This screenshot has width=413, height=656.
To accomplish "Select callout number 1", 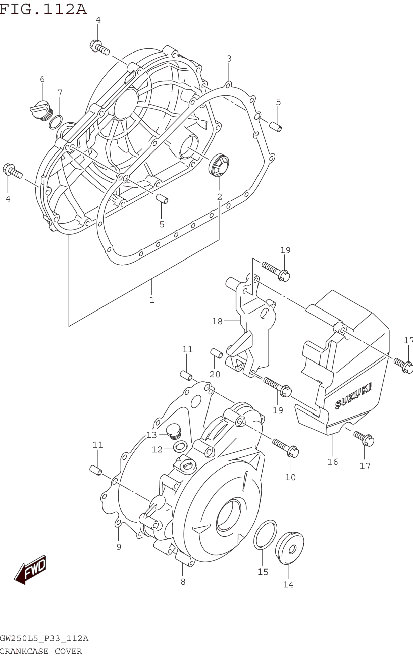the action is point(152,300).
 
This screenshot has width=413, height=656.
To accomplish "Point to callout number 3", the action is point(229,59).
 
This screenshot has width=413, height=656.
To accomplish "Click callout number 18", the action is point(217,321).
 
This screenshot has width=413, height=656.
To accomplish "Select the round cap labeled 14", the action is point(289,544).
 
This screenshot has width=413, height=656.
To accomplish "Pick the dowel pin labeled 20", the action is point(217,353).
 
